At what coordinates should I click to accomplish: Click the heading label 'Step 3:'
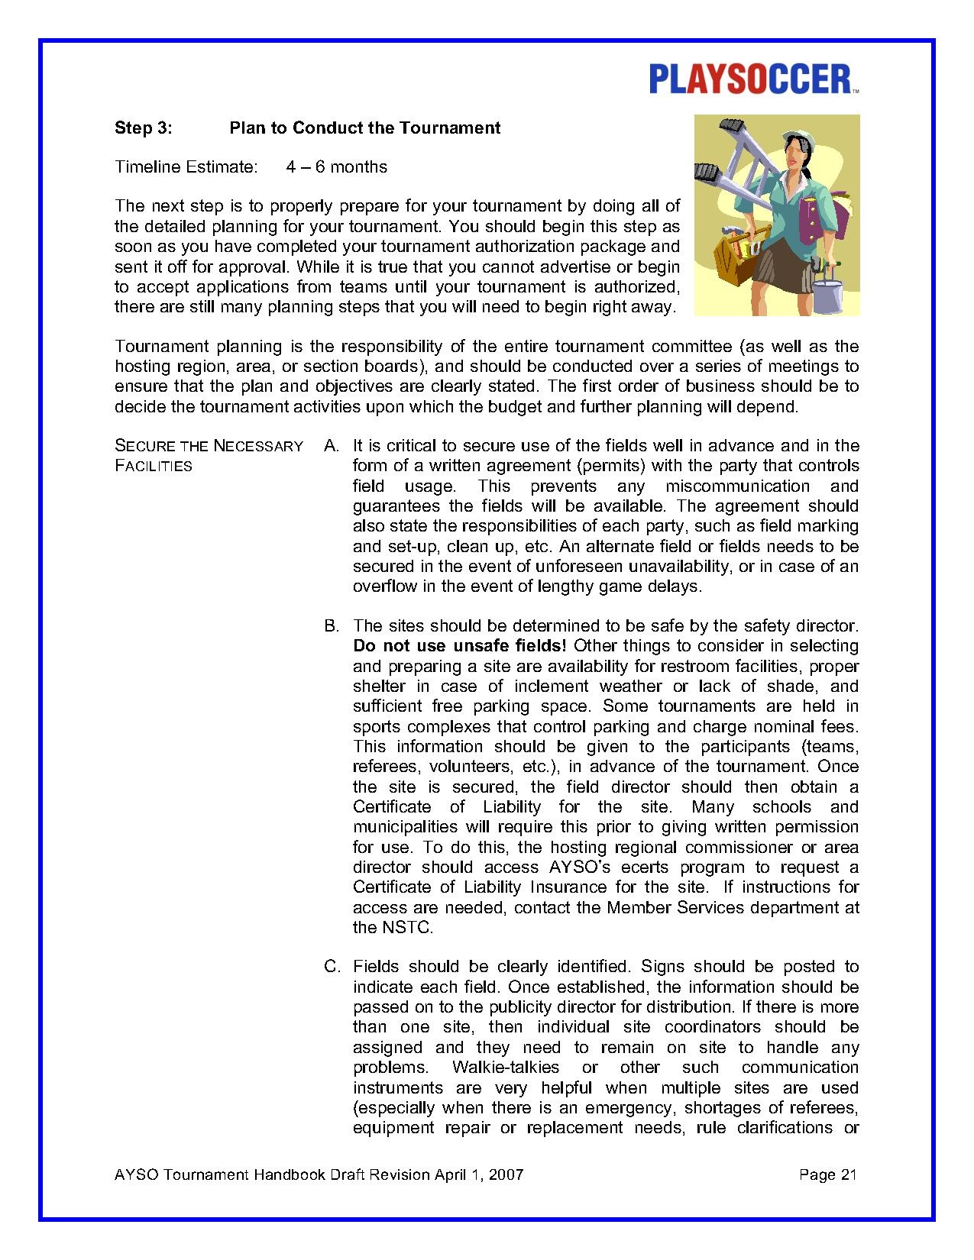(x=143, y=128)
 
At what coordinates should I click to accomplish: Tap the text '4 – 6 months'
(x=336, y=167)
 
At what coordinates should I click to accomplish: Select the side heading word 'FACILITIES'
(x=153, y=466)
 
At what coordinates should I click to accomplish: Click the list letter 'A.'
(x=332, y=446)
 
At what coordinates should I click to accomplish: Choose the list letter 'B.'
(x=332, y=626)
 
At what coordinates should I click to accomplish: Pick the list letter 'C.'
(x=332, y=967)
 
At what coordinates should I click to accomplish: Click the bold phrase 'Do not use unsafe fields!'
(x=459, y=646)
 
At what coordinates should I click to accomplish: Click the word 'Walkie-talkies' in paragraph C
(x=506, y=1068)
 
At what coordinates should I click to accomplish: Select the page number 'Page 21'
(x=828, y=1174)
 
